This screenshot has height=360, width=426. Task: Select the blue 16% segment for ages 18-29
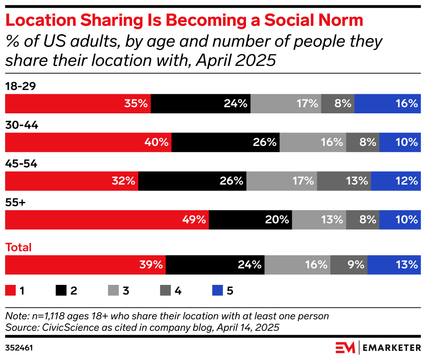pos(387,103)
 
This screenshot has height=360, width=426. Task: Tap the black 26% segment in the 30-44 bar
pos(226,142)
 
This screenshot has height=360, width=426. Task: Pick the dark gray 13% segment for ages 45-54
pos(344,181)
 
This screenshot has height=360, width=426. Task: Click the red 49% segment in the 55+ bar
pos(106,219)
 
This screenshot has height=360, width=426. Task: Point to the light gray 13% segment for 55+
pos(319,219)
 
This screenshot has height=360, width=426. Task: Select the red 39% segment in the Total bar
pos(85,264)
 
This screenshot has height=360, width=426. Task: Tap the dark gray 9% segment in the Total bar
pos(349,264)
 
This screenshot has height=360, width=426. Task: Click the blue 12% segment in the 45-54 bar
pos(396,181)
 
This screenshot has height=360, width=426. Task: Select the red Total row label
pos(18,248)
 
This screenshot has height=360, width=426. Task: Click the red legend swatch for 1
pos(10,291)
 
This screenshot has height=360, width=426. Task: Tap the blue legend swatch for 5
pos(216,291)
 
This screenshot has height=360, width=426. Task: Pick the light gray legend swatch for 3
pos(113,291)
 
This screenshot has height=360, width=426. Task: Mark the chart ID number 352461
pos(20,348)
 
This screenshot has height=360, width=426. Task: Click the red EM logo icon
pos(345,348)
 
